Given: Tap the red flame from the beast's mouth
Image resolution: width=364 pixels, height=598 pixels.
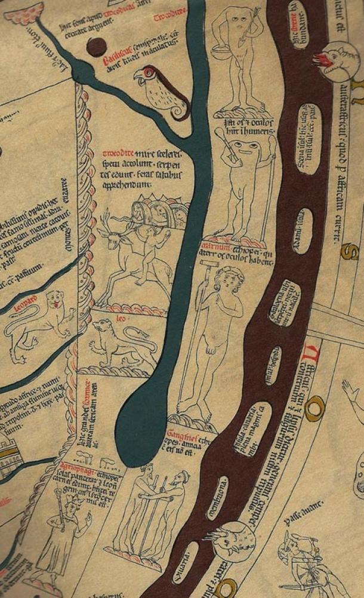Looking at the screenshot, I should [x=319, y=58].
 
